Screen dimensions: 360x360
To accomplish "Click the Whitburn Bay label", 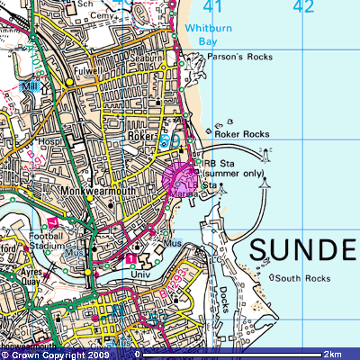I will (x=208, y=34).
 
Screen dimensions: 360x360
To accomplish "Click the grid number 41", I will (x=212, y=8).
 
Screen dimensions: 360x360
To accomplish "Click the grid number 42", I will (x=303, y=8).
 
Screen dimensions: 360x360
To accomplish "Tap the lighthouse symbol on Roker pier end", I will (x=265, y=183).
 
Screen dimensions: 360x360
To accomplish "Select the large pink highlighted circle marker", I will (x=180, y=177).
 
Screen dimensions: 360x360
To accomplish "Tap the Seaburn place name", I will (x=148, y=58).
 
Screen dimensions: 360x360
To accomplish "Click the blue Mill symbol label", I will (x=31, y=88).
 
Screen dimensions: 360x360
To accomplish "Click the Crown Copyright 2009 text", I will (x=52, y=355).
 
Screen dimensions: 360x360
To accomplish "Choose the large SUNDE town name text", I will (x=302, y=248).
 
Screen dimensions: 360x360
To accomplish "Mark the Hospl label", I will (x=47, y=143).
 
